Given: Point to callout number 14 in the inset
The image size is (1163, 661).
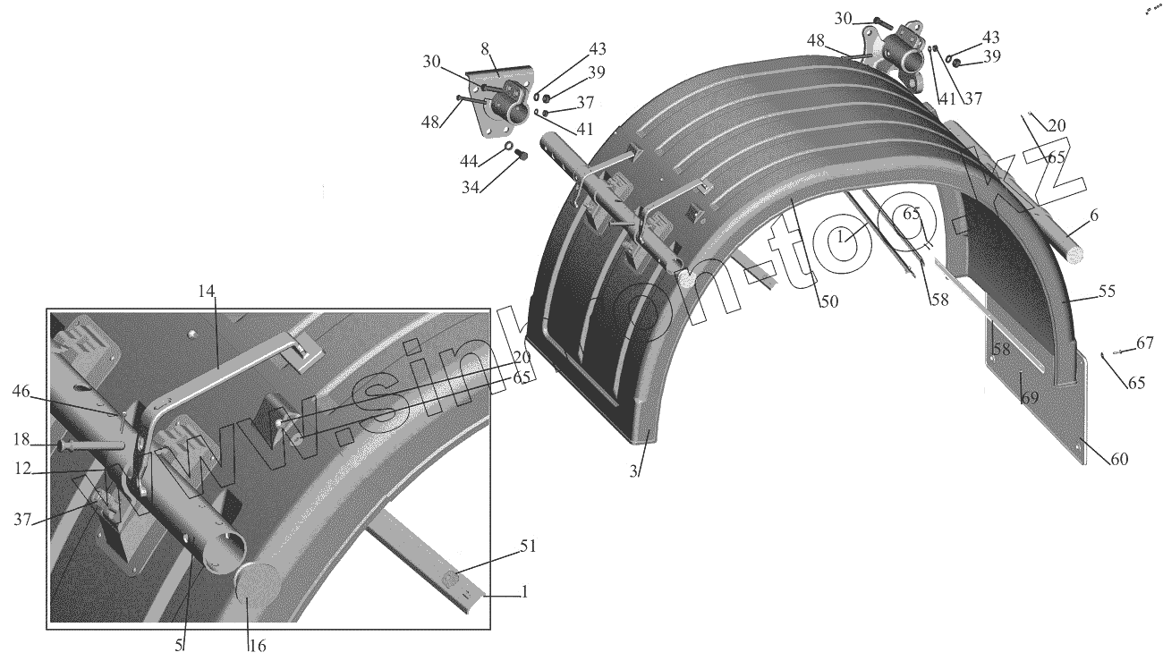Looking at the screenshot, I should click(207, 291).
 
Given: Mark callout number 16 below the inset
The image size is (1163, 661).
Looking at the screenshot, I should click(258, 646).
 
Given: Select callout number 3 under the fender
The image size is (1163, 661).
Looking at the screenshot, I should click(633, 471).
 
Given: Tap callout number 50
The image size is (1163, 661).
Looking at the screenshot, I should click(828, 301).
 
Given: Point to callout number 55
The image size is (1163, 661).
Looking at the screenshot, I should click(1107, 292).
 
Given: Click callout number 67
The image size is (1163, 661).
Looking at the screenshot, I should click(1145, 342).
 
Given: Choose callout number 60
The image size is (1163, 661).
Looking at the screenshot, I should click(1119, 459).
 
